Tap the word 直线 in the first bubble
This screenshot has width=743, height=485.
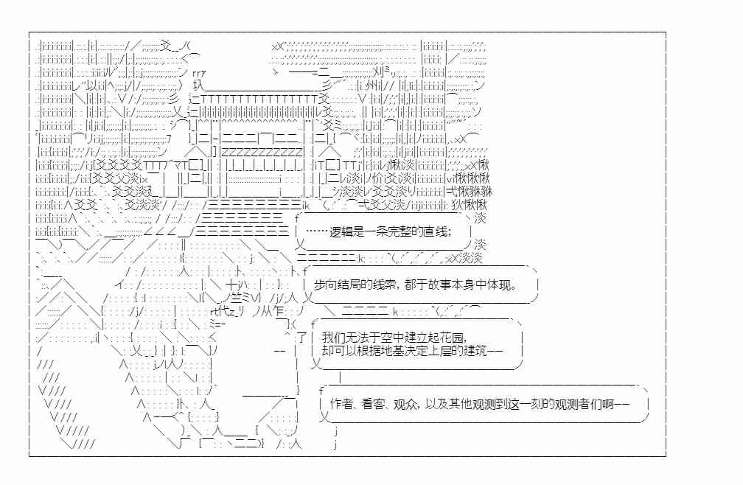coord(436,231)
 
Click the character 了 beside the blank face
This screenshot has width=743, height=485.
coord(302,338)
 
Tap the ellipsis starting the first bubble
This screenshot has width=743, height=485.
coord(316,231)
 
